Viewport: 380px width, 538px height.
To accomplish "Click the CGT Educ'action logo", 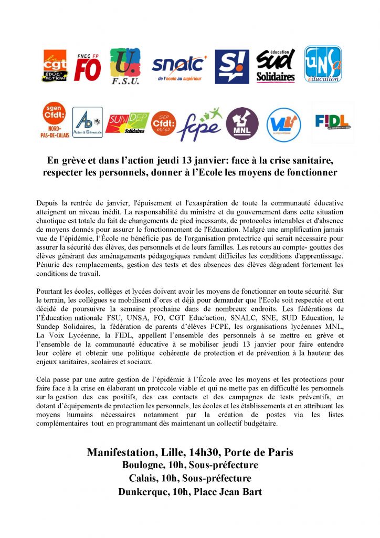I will [55, 66].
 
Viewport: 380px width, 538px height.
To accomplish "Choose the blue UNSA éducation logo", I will [323, 65].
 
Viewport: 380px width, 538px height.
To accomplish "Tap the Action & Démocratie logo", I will [87, 122].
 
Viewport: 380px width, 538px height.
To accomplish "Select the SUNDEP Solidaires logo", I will [127, 123].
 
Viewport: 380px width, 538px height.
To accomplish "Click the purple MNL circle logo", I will [242, 124].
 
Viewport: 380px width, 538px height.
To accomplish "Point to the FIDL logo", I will [332, 123].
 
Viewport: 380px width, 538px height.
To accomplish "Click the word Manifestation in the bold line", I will [124, 452].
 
